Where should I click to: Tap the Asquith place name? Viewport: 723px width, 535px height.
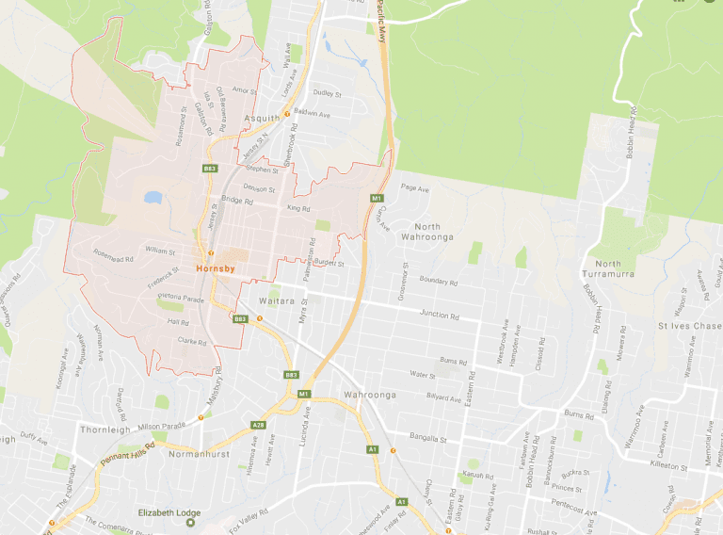(262, 119)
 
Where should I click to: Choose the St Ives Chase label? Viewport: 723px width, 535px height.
(689, 326)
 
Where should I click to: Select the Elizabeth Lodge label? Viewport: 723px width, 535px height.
(169, 512)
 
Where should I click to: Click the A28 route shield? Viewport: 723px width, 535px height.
(258, 426)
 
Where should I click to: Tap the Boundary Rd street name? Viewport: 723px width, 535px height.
(438, 281)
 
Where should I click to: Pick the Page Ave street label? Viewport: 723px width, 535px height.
(414, 188)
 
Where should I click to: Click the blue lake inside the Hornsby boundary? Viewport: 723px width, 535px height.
(153, 198)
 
